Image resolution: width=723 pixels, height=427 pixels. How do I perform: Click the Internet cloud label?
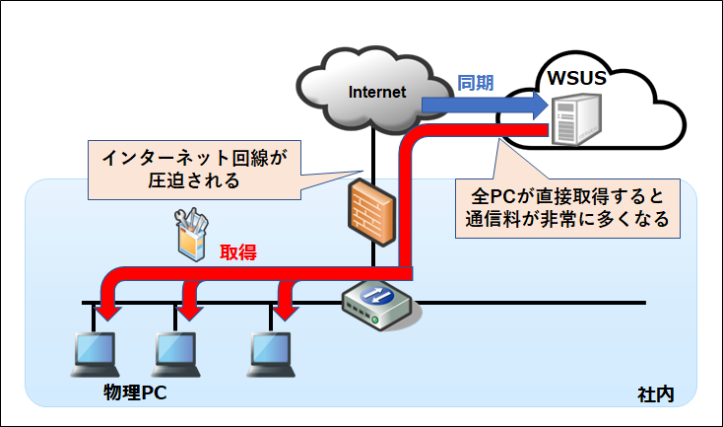(378, 93)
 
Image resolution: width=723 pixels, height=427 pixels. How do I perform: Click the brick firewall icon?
(372, 206)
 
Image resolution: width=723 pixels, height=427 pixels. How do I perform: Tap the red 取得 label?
(237, 252)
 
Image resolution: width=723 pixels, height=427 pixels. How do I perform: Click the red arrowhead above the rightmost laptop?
(284, 308)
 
